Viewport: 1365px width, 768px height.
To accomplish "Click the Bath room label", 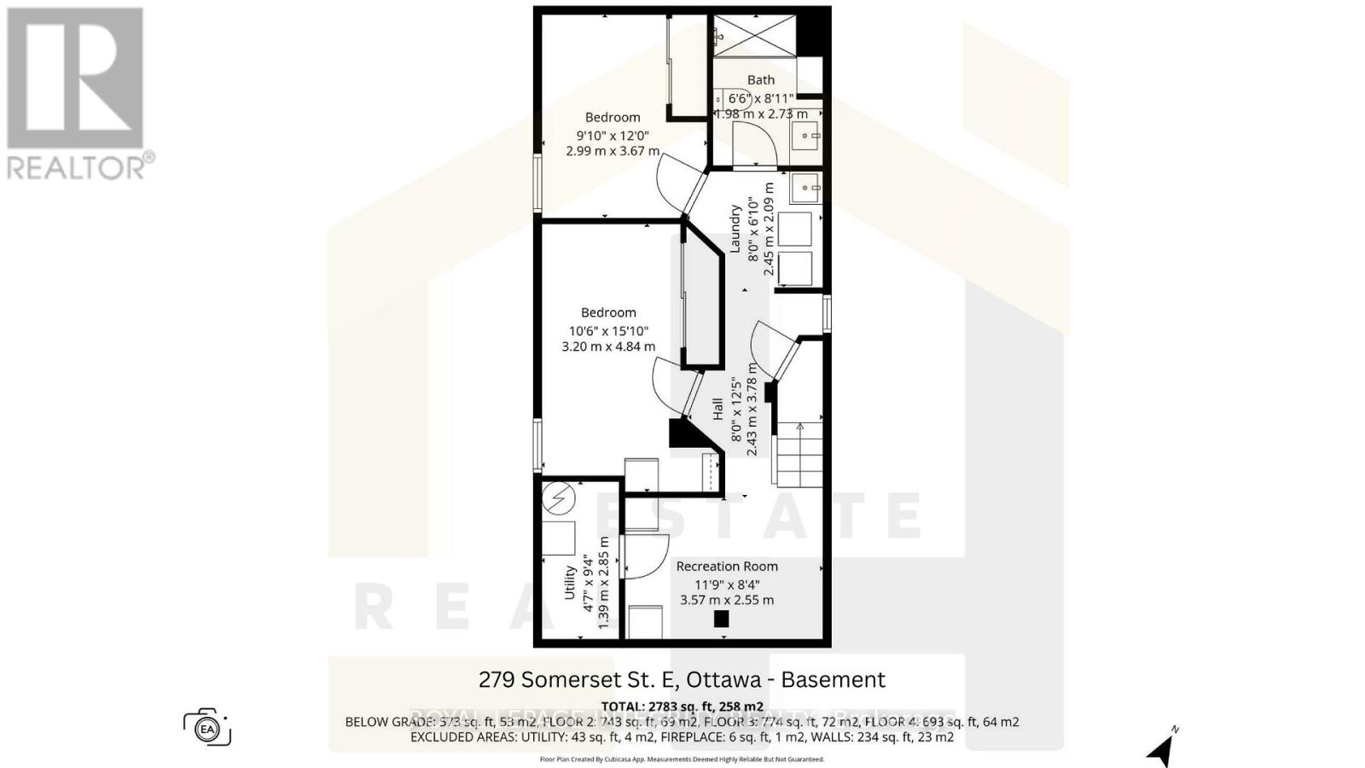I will point(761,80).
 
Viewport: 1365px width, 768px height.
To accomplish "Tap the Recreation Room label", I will point(727,566).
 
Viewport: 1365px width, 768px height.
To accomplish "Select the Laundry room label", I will point(735,228).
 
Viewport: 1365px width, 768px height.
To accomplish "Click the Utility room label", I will point(570,583).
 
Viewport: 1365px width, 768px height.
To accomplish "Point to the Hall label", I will point(717,409).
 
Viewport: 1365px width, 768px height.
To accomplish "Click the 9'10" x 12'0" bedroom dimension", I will point(613,135).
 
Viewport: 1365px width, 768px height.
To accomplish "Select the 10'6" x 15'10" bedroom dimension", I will point(608,331).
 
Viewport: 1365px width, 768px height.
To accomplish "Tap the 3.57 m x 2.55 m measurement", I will point(727,600).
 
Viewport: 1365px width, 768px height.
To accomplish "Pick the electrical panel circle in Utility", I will point(560,498).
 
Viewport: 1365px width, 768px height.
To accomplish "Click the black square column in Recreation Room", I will point(722,620).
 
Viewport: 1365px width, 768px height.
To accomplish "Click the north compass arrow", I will point(1162,748).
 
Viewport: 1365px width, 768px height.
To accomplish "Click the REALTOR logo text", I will point(81,166).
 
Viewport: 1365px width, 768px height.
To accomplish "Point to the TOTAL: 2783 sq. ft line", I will point(682,707).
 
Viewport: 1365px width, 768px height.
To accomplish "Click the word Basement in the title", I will point(833,680).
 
